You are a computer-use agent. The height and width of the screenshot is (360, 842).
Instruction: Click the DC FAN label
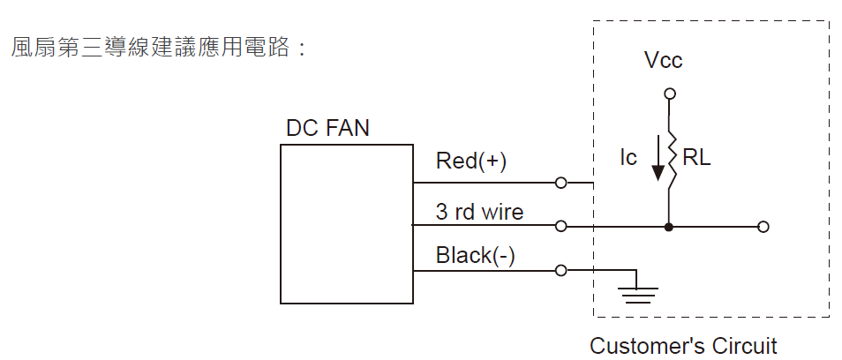(x=327, y=129)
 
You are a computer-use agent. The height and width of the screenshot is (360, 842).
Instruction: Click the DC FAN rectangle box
(x=347, y=224)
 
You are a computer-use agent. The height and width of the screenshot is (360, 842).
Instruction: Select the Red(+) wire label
(x=471, y=162)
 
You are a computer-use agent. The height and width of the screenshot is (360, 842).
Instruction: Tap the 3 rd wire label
(x=479, y=213)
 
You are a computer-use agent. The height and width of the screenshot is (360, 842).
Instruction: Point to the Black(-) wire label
(x=476, y=256)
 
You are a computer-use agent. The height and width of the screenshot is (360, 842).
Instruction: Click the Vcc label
(x=664, y=61)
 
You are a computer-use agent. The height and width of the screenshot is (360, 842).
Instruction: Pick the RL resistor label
(x=696, y=159)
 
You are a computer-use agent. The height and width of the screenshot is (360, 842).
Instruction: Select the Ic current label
(x=628, y=159)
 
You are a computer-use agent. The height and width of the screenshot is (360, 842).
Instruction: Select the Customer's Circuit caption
(x=683, y=345)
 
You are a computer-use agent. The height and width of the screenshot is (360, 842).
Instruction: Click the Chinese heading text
(x=159, y=47)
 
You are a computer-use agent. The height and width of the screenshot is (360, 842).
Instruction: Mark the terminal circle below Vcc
(x=670, y=93)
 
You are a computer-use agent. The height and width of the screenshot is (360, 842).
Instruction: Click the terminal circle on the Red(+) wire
(x=560, y=184)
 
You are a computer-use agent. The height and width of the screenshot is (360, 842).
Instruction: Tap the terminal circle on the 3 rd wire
(x=560, y=227)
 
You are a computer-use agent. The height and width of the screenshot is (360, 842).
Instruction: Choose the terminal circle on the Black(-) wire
(x=560, y=270)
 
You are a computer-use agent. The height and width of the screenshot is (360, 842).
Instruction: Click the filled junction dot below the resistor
(x=670, y=227)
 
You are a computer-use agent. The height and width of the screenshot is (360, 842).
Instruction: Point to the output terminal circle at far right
(x=763, y=227)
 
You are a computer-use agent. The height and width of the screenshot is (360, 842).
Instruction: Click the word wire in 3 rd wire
(x=504, y=213)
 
